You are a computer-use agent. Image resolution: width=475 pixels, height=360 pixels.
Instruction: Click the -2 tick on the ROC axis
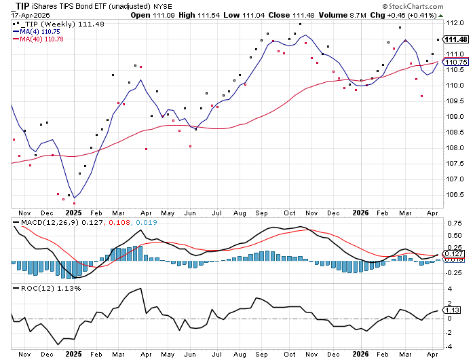[449, 333]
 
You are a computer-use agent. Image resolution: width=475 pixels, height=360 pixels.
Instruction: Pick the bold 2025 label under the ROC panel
[73, 354]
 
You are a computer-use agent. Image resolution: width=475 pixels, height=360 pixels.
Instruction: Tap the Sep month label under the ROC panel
[260, 354]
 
